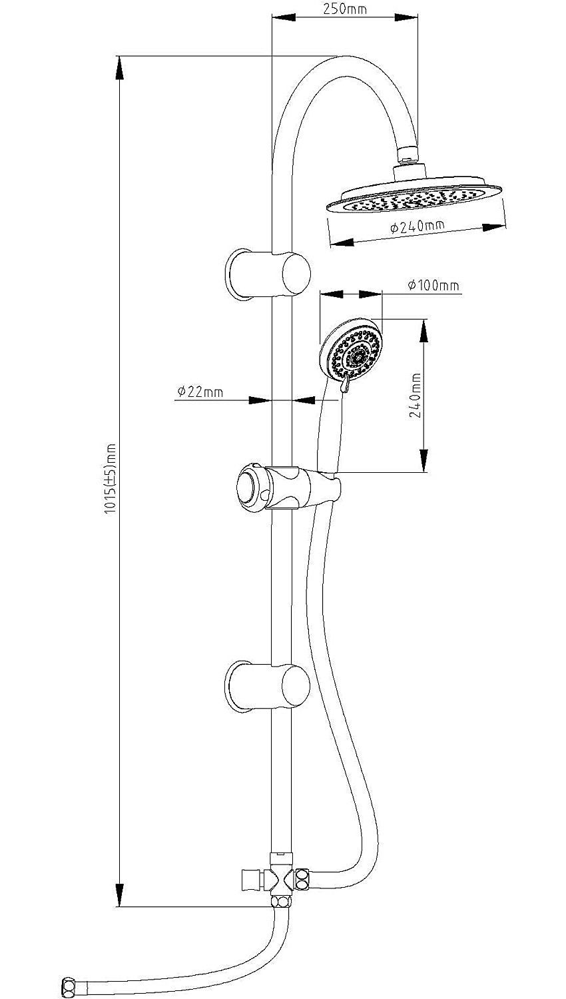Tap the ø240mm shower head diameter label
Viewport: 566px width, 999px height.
pos(418,228)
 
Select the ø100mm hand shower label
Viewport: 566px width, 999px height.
pos(433,286)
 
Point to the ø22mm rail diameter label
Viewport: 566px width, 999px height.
pos(200,393)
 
